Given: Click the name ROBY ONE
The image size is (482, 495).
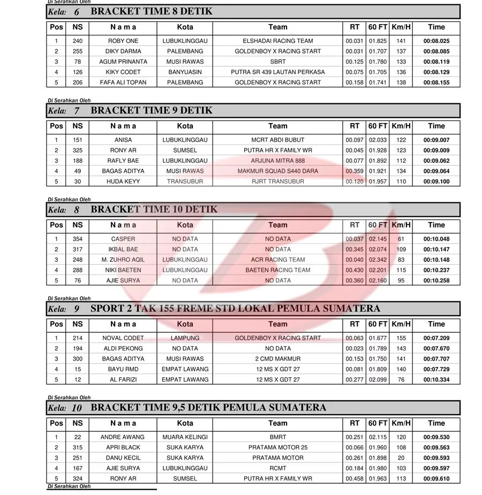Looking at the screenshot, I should pos(123,41).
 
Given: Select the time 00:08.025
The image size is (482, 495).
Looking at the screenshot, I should pos(436,41).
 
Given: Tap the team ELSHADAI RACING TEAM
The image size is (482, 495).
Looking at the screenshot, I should pos(277,41).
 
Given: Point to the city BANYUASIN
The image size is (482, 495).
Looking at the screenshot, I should pos(185,72).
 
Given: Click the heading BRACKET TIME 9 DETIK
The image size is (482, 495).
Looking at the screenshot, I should pos(152,111).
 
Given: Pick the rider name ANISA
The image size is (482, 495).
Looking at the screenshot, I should pos(123,140).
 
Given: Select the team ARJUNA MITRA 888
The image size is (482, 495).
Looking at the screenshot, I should pos(277,161).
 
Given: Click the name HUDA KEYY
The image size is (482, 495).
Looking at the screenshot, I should pos(123,181).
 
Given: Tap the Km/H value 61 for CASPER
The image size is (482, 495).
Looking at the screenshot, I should pos(401,239).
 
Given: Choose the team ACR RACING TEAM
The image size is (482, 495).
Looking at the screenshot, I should pos(277,260).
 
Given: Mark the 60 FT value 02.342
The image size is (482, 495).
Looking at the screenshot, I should pos(378,260).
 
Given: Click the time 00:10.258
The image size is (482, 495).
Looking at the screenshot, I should pos(436,280).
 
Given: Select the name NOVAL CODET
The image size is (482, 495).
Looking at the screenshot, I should pos(123,338).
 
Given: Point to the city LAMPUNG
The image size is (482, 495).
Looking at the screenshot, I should pos(185,338).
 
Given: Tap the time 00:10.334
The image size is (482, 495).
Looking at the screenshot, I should pos(436,379).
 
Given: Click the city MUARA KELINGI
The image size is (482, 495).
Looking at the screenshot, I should pos(185,437).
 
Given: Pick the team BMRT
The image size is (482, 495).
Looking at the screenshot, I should pos(277,437).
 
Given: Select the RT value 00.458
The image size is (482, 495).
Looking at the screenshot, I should pos(355,478).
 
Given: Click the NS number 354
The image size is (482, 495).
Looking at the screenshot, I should pos(78,239).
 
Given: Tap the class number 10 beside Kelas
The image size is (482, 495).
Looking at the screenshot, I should pos(77,408).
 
